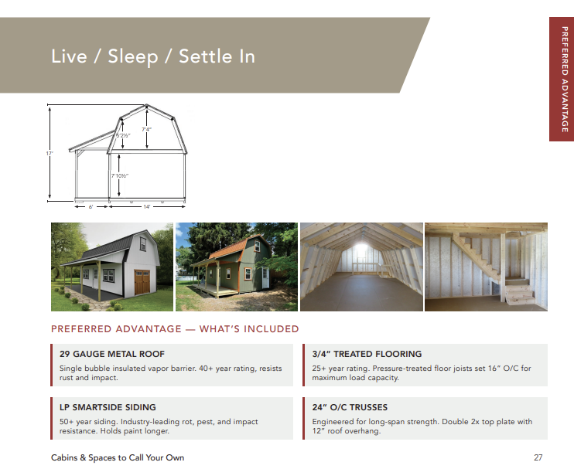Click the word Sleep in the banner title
pyautogui.click(x=133, y=56)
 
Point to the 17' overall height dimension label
pyautogui.click(x=50, y=154)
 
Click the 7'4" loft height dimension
pyautogui.click(x=146, y=129)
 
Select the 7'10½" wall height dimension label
pyautogui.click(x=120, y=176)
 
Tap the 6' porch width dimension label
pyautogui.click(x=91, y=207)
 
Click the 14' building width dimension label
pyautogui.click(x=147, y=207)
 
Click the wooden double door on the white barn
pyautogui.click(x=142, y=282)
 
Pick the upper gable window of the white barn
pyautogui.click(x=143, y=243)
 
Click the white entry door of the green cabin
pyautogui.click(x=265, y=277)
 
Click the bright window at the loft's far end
pyautogui.click(x=361, y=250)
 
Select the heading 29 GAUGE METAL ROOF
pyautogui.click(x=112, y=354)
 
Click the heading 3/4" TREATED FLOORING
pyautogui.click(x=367, y=354)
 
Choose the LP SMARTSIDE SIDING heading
pyautogui.click(x=108, y=407)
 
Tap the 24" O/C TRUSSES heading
pyautogui.click(x=350, y=407)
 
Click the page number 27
pyautogui.click(x=538, y=457)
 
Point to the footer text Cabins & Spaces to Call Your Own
pyautogui.click(x=118, y=457)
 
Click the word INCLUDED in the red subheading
pyautogui.click(x=272, y=329)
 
